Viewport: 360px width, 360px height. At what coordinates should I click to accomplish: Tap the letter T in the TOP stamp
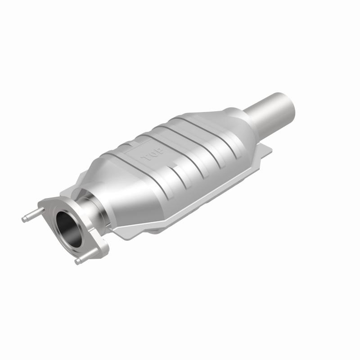[x=146, y=159]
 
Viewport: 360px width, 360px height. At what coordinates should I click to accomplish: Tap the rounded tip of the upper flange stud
[x=24, y=219]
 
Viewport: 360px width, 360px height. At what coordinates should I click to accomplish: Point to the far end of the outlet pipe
[x=288, y=102]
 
